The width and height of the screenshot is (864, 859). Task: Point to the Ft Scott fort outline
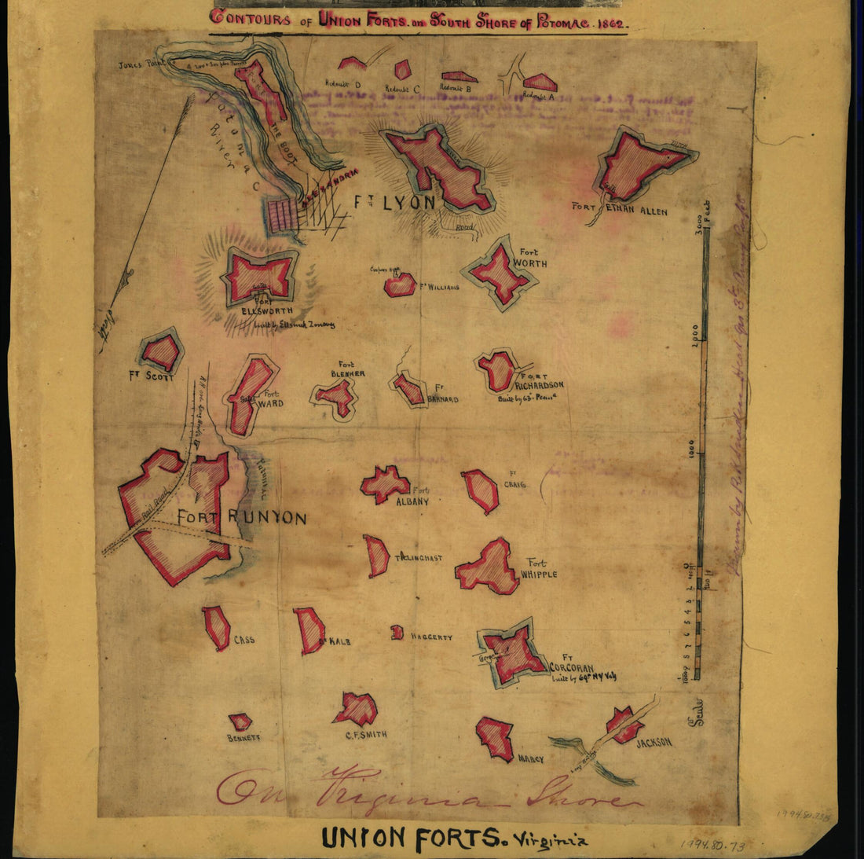[161, 352]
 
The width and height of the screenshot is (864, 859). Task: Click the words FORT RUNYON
[241, 518]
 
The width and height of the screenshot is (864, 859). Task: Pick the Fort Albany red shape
[385, 484]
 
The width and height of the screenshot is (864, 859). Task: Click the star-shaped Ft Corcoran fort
[514, 654]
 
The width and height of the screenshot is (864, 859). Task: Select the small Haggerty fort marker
[397, 632]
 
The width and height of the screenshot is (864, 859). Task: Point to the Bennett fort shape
[240, 721]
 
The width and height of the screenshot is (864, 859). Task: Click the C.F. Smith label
[366, 735]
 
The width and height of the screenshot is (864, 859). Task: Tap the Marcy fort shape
[496, 737]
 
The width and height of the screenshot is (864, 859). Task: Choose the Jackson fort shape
[624, 725]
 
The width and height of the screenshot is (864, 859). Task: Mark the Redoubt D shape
[352, 63]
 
